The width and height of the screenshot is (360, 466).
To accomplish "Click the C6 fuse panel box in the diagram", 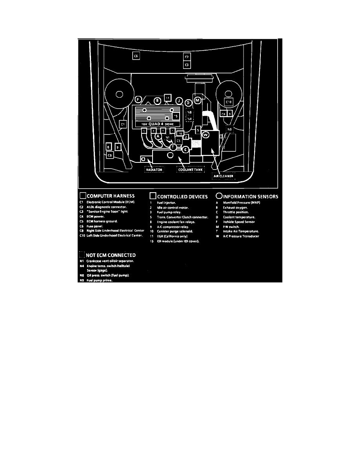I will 136,56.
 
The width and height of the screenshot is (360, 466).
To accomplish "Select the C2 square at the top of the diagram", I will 187,57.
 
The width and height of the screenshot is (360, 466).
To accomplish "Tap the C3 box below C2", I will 187,64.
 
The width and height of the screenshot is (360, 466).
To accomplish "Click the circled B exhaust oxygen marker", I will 157,100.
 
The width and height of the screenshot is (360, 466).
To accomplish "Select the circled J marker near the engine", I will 179,100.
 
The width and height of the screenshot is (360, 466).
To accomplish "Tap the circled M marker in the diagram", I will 198,100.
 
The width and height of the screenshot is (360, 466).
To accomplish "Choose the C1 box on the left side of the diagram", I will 122,124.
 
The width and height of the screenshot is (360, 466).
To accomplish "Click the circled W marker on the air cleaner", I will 205,135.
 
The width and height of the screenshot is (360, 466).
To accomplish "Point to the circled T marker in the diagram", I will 173,146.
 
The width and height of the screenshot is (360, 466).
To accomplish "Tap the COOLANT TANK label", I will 191,170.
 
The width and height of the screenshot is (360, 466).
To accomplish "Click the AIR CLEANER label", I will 224,176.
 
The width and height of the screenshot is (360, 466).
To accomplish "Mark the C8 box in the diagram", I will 110,155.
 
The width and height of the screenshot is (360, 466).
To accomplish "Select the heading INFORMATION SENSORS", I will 251,196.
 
